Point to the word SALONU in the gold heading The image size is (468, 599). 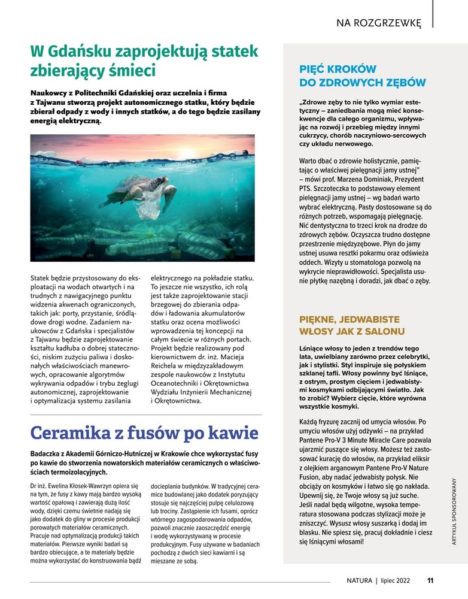click(x=384, y=331)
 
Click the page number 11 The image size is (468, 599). click(x=430, y=580)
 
